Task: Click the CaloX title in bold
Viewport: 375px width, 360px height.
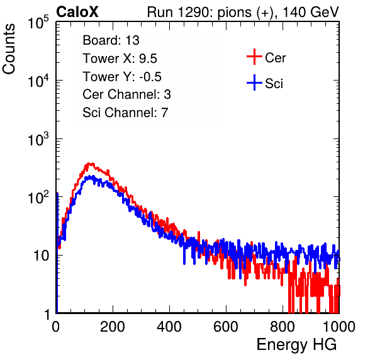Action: pos(77,12)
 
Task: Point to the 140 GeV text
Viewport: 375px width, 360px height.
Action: pos(311,12)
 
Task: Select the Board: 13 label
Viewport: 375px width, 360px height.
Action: pos(111,40)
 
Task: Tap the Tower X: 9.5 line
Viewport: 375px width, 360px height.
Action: pos(120,59)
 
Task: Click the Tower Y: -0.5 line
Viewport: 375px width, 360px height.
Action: pos(122,77)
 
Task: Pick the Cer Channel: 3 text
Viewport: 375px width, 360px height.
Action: pos(126,94)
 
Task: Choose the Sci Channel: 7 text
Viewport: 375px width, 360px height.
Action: pos(125,113)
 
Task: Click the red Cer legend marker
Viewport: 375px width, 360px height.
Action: pos(254,57)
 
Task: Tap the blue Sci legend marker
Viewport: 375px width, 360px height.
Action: pos(254,83)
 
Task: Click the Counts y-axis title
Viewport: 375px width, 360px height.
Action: pos(9,49)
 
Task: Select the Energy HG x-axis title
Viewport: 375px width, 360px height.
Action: pos(296,345)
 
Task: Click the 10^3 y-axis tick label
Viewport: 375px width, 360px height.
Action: pos(38,140)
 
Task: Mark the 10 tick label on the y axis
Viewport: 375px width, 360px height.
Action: pos(41,256)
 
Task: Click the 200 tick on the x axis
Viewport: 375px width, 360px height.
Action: pos(113,327)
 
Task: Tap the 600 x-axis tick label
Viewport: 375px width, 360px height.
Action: pos(226,327)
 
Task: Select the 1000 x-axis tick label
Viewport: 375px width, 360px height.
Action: pos(339,327)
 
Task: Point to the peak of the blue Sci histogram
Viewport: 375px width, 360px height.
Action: pos(91,176)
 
